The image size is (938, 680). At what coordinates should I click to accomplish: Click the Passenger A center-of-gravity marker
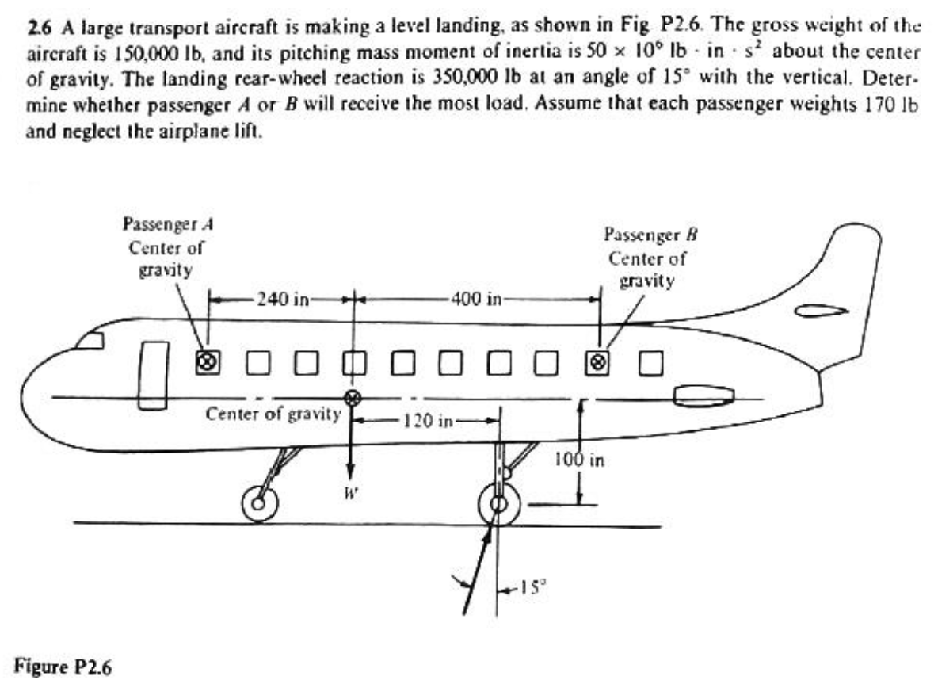point(207,361)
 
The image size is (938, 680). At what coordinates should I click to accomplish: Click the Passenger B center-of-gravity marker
point(599,361)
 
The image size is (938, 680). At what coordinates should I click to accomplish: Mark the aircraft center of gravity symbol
point(353,397)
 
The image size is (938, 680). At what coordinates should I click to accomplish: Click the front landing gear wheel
point(259,502)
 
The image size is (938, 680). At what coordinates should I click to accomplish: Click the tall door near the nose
point(153,376)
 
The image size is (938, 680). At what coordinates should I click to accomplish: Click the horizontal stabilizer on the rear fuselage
point(702,396)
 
